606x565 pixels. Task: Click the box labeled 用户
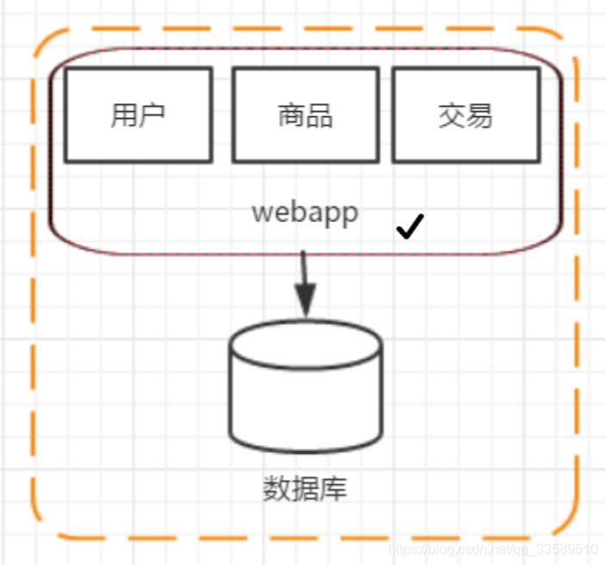coord(138,115)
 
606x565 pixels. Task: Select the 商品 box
coord(306,115)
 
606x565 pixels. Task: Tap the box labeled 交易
coord(466,115)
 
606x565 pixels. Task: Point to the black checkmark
coord(410,227)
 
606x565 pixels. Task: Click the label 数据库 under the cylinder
coord(305,488)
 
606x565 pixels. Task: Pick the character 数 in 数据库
coord(276,488)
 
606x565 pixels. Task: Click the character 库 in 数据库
coord(333,488)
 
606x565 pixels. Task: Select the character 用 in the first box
coord(124,115)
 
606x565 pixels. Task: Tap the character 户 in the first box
coord(151,115)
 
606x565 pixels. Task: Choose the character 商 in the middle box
coord(291,115)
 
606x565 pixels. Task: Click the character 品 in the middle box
coord(319,115)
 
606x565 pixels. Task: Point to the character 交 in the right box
coord(452,115)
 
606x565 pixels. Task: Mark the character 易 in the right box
coord(479,115)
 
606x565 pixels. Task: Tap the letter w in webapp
coord(261,213)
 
